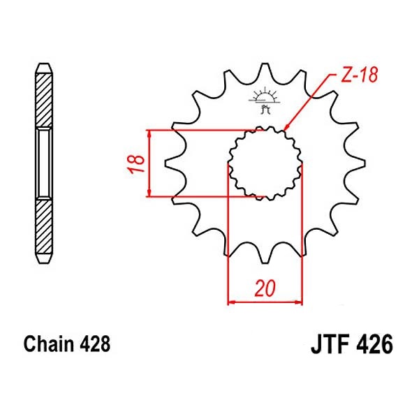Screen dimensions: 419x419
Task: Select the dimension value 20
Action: pos(265,289)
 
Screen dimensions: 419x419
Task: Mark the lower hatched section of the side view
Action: pos(44,230)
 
